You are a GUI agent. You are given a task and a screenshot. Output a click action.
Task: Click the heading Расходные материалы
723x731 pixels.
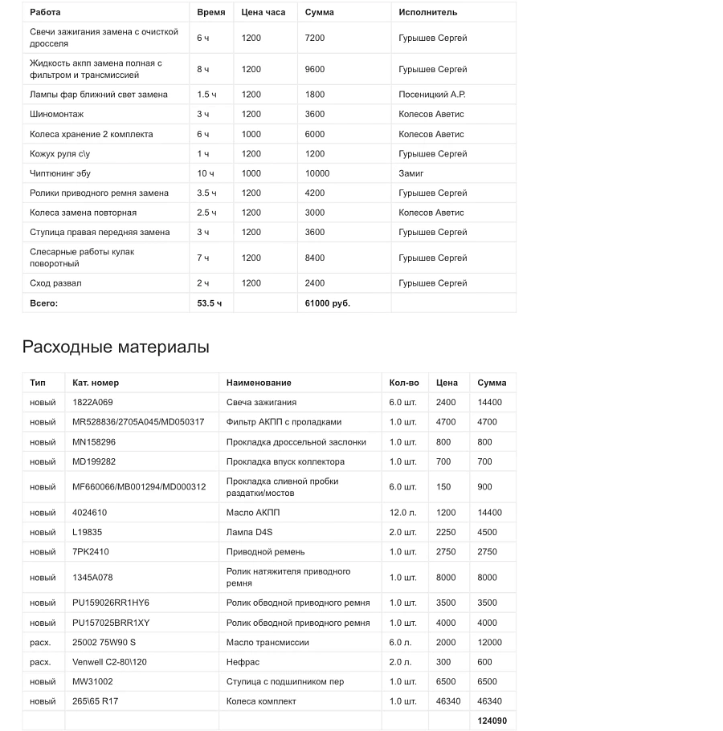tap(116, 347)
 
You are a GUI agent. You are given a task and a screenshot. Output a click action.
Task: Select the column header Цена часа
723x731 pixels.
tap(262, 12)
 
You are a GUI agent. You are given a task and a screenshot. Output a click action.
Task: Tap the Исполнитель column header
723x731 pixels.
tap(427, 12)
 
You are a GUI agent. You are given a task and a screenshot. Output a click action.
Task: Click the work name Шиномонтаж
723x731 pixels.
tap(56, 114)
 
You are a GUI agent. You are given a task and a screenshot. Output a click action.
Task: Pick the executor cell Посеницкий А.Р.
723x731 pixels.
tap(431, 95)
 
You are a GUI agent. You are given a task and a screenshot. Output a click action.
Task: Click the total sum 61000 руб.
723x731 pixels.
tap(327, 303)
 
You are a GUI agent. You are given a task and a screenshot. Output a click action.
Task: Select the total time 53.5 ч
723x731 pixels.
tap(209, 303)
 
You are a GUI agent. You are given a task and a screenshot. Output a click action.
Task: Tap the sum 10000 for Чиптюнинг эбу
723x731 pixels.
tap(317, 173)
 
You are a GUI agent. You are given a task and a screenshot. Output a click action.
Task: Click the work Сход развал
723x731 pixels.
tap(55, 283)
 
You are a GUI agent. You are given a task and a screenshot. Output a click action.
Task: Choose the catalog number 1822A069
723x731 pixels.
tap(92, 402)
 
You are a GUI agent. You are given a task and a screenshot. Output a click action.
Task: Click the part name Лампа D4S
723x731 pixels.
tap(250, 532)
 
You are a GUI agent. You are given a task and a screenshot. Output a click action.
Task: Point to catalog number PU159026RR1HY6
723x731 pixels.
tap(111, 603)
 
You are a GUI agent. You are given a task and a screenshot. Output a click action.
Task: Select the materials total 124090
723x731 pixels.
tap(492, 721)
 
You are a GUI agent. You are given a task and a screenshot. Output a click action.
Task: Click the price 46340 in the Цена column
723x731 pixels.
tap(448, 701)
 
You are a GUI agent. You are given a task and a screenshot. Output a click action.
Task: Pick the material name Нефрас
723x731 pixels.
tap(243, 662)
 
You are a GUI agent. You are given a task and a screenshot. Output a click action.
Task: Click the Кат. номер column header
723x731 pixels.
tap(96, 383)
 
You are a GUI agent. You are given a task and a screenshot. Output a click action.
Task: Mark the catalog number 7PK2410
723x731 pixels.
tap(91, 552)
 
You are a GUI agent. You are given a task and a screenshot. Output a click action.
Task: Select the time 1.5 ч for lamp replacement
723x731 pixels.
tap(206, 95)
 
